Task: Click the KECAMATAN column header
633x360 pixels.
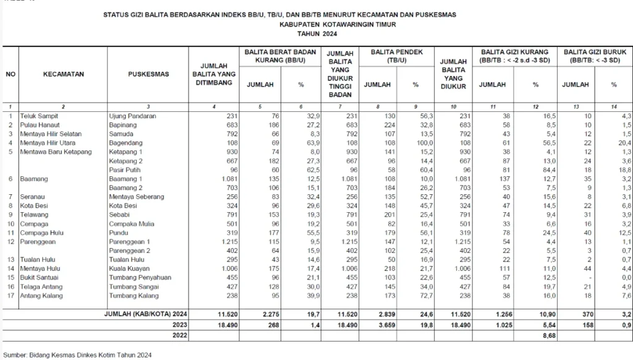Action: tap(63, 74)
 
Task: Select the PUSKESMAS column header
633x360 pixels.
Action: tap(148, 74)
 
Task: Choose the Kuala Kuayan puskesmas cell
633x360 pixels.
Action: tap(129, 269)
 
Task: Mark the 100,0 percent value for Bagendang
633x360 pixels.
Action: tap(410, 142)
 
